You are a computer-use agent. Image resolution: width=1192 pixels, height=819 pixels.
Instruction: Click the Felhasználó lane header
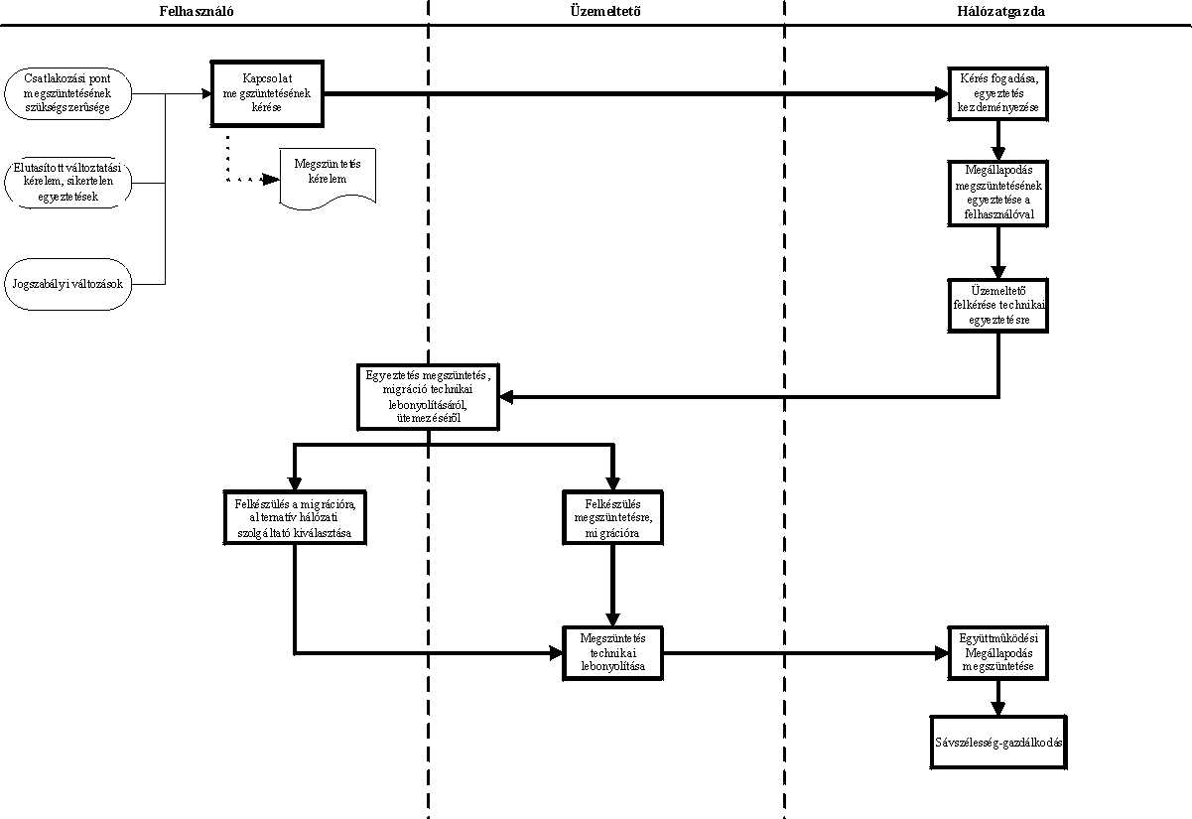pyautogui.click(x=197, y=11)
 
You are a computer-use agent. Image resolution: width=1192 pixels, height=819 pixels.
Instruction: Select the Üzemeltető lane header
pyautogui.click(x=605, y=11)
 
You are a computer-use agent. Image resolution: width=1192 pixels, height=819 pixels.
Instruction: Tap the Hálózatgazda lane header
pyautogui.click(x=1000, y=11)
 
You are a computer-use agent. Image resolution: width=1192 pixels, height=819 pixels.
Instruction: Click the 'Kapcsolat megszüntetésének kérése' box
pyautogui.click(x=267, y=93)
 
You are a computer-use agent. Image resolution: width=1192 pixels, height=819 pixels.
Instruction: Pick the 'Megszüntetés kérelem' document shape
pyautogui.click(x=328, y=179)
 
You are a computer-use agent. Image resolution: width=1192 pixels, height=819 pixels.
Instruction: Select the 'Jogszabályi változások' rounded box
pyautogui.click(x=68, y=284)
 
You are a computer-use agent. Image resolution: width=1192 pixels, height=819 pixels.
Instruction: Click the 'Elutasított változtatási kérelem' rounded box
pyautogui.click(x=68, y=182)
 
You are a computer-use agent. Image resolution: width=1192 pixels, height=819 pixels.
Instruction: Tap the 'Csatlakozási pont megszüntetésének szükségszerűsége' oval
pyautogui.click(x=68, y=93)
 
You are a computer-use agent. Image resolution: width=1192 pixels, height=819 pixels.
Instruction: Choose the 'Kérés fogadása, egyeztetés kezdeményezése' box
pyautogui.click(x=998, y=93)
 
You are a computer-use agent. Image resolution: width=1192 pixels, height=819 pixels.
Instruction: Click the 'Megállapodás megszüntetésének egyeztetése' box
pyautogui.click(x=998, y=194)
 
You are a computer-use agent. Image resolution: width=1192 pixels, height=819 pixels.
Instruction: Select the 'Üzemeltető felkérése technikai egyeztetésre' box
pyautogui.click(x=998, y=306)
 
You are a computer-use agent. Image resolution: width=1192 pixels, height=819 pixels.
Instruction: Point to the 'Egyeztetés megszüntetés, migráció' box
pyautogui.click(x=429, y=397)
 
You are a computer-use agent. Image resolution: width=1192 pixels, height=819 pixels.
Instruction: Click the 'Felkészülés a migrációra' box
pyautogui.click(x=295, y=517)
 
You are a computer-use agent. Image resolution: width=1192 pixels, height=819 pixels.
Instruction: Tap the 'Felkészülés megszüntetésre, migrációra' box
pyautogui.click(x=613, y=517)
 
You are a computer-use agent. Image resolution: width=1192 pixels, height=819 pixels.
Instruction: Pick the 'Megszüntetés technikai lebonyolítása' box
pyautogui.click(x=613, y=653)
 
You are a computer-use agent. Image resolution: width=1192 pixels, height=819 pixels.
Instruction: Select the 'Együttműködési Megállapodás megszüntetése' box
pyautogui.click(x=998, y=653)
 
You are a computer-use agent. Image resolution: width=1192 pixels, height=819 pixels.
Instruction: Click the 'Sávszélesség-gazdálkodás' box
pyautogui.click(x=998, y=743)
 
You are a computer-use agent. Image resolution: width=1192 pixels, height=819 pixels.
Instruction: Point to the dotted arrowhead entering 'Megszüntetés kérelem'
pyautogui.click(x=271, y=180)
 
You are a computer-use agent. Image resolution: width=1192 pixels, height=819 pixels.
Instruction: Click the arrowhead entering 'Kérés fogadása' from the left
pyautogui.click(x=941, y=93)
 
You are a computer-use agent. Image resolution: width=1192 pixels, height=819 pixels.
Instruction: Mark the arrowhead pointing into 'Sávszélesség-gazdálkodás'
pyautogui.click(x=998, y=709)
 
